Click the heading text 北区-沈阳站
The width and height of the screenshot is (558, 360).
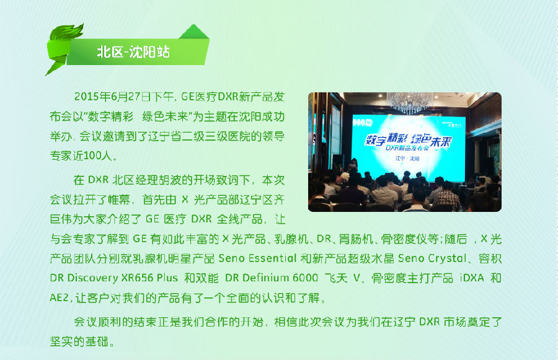(133, 52)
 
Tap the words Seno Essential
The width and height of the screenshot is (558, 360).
(257, 258)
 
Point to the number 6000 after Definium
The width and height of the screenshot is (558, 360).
(305, 278)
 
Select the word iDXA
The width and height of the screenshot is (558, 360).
(472, 278)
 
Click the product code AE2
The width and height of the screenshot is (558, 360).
(59, 297)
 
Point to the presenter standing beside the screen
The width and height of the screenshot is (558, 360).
(354, 165)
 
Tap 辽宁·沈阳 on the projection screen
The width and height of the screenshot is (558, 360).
(407, 158)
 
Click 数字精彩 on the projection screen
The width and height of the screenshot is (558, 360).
(386, 139)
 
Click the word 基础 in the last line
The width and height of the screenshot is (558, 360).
(97, 341)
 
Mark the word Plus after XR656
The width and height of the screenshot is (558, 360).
(167, 278)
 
